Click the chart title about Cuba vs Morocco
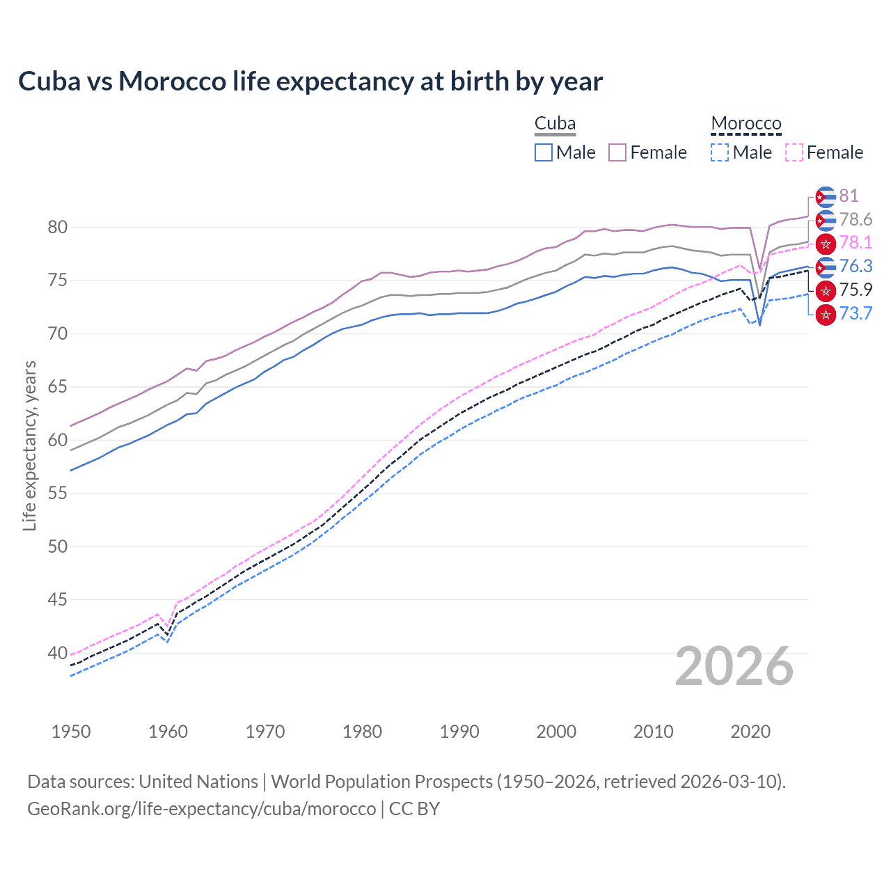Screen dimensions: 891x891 tap(310, 81)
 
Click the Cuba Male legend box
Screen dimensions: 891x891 tap(544, 152)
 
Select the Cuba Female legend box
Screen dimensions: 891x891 tap(617, 152)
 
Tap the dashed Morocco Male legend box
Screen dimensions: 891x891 tap(720, 152)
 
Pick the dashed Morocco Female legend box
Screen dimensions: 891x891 tap(794, 152)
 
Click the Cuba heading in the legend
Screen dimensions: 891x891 tap(555, 124)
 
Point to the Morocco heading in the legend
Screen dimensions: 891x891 tap(746, 124)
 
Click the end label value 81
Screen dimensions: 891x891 tap(849, 196)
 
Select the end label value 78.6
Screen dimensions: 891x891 tap(855, 220)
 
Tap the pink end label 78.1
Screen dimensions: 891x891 tap(855, 243)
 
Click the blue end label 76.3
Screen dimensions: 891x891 tap(855, 267)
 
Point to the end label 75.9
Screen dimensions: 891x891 tap(855, 290)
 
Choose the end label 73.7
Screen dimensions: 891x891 tap(855, 314)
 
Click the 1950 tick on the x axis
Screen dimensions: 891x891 tap(71, 732)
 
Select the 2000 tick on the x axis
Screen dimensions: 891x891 tap(556, 732)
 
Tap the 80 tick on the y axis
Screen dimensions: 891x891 tap(58, 228)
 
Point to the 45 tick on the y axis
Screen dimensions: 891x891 tap(58, 600)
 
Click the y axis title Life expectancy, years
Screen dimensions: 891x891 tap(30, 445)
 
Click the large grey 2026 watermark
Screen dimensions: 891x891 tap(734, 666)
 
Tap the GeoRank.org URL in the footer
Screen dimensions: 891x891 tap(201, 809)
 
